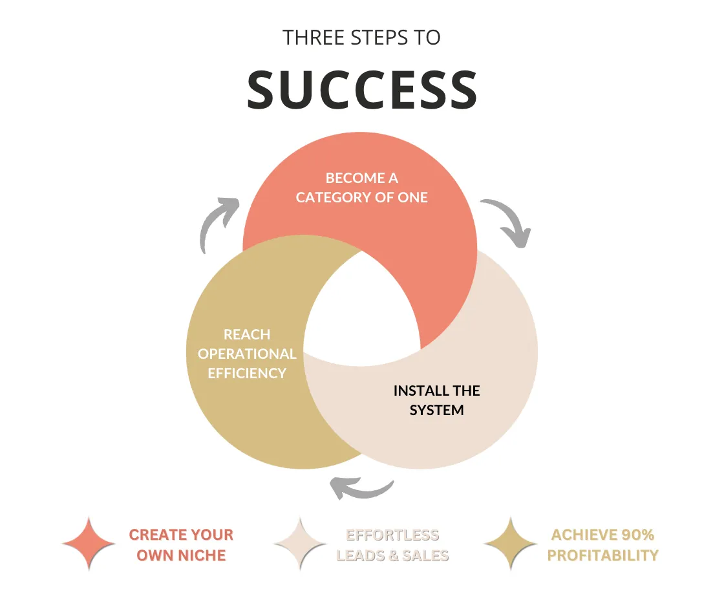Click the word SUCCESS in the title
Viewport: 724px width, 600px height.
[x=362, y=90]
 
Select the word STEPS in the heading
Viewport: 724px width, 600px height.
[x=379, y=37]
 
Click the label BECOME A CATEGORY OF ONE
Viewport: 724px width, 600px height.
[x=361, y=187]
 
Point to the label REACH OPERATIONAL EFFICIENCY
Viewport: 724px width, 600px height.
[x=247, y=354]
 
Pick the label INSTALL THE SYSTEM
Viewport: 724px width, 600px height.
[x=437, y=400]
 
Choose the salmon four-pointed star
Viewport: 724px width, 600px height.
[x=89, y=544]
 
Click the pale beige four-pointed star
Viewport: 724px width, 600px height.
[x=300, y=544]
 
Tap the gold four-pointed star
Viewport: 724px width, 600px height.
[x=510, y=544]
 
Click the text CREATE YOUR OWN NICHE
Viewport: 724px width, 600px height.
[x=181, y=545]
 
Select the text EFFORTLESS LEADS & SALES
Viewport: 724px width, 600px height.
[x=392, y=545]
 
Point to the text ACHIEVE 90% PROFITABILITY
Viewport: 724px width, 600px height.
[x=603, y=545]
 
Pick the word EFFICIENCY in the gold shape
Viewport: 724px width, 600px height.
[x=247, y=373]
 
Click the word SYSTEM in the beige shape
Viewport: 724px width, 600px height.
[x=437, y=410]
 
